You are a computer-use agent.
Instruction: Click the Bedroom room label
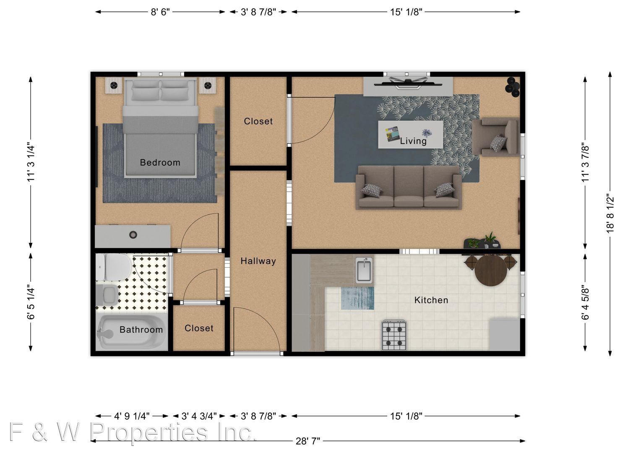pos(160,163)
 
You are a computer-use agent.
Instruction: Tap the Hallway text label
pos(258,261)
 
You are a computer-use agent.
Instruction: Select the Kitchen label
pos(431,300)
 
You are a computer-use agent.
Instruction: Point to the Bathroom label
pos(141,330)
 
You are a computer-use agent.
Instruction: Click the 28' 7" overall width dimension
pos(307,441)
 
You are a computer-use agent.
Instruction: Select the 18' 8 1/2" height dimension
pos(610,214)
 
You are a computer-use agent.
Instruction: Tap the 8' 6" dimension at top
pos(160,12)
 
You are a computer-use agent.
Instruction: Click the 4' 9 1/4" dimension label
pos(132,416)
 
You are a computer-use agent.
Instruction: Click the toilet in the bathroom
pos(114,267)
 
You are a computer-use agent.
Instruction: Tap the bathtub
pos(132,333)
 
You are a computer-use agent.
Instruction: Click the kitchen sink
pos(364,270)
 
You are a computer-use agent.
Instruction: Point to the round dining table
pos(491,271)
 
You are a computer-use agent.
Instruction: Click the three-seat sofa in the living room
pos(409,187)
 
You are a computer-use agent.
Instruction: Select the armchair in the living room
pos(496,137)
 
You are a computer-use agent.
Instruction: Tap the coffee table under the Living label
pos(411,135)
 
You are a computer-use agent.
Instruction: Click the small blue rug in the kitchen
pos(357,298)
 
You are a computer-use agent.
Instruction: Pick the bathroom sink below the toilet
pos(107,295)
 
